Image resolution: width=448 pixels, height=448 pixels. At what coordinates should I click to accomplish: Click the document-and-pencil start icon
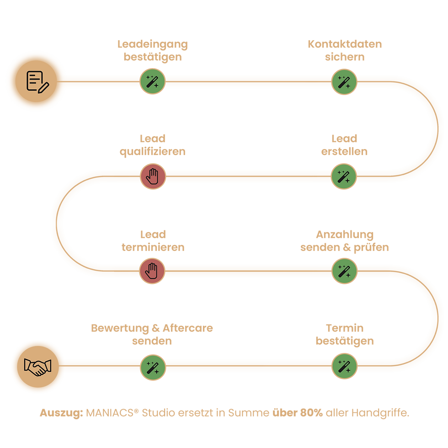36,81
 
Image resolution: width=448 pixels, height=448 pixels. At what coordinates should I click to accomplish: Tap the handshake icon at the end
38,367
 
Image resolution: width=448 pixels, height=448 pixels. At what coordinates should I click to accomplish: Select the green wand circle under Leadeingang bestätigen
153,81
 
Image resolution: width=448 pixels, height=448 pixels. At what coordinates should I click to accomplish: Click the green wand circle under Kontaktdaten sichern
344,82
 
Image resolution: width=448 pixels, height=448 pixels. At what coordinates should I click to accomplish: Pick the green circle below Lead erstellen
344,176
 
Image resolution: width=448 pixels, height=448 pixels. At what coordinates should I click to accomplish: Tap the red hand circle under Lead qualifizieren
153,176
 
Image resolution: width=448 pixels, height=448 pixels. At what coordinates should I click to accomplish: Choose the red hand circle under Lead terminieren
152,271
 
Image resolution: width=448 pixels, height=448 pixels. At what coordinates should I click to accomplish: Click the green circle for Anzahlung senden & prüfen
345,271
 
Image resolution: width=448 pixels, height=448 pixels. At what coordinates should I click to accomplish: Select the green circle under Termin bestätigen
345,366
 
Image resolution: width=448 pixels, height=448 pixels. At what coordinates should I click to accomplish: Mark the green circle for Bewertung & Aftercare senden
153,368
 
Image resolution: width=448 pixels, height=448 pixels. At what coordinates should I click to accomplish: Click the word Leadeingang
153,45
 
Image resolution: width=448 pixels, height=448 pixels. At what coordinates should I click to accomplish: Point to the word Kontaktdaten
345,44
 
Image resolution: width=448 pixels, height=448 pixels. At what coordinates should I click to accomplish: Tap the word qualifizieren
153,152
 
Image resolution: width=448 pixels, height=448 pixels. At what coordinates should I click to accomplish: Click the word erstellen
344,151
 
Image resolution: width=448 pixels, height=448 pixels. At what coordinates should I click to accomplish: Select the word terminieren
153,247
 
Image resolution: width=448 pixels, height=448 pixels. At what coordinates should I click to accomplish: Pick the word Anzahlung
345,235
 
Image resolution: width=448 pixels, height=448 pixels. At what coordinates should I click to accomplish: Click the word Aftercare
188,328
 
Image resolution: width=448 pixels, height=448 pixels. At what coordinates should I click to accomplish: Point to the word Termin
345,328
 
